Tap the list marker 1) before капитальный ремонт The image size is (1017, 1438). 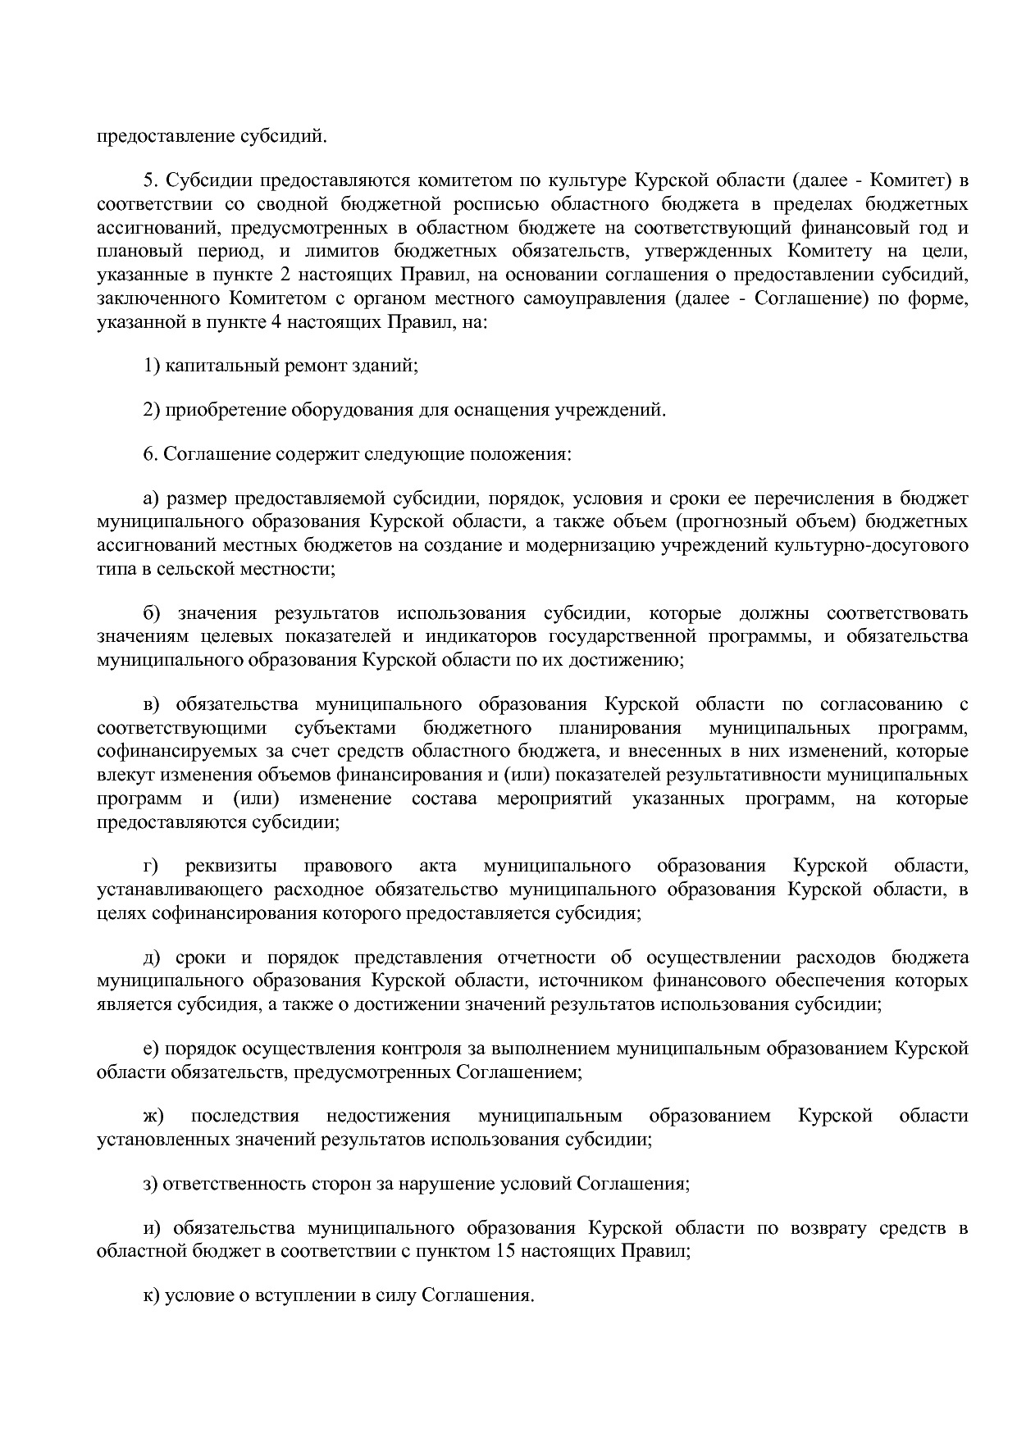pyautogui.click(x=151, y=366)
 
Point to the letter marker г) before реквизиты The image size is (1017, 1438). pyautogui.click(x=150, y=866)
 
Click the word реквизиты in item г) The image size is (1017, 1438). pyautogui.click(x=230, y=866)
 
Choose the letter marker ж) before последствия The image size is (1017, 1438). pyautogui.click(x=153, y=1116)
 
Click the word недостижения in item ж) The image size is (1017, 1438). pyautogui.click(x=388, y=1116)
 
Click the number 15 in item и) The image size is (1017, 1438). pyautogui.click(x=506, y=1252)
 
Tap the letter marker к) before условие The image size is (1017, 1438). pyautogui.click(x=151, y=1296)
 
